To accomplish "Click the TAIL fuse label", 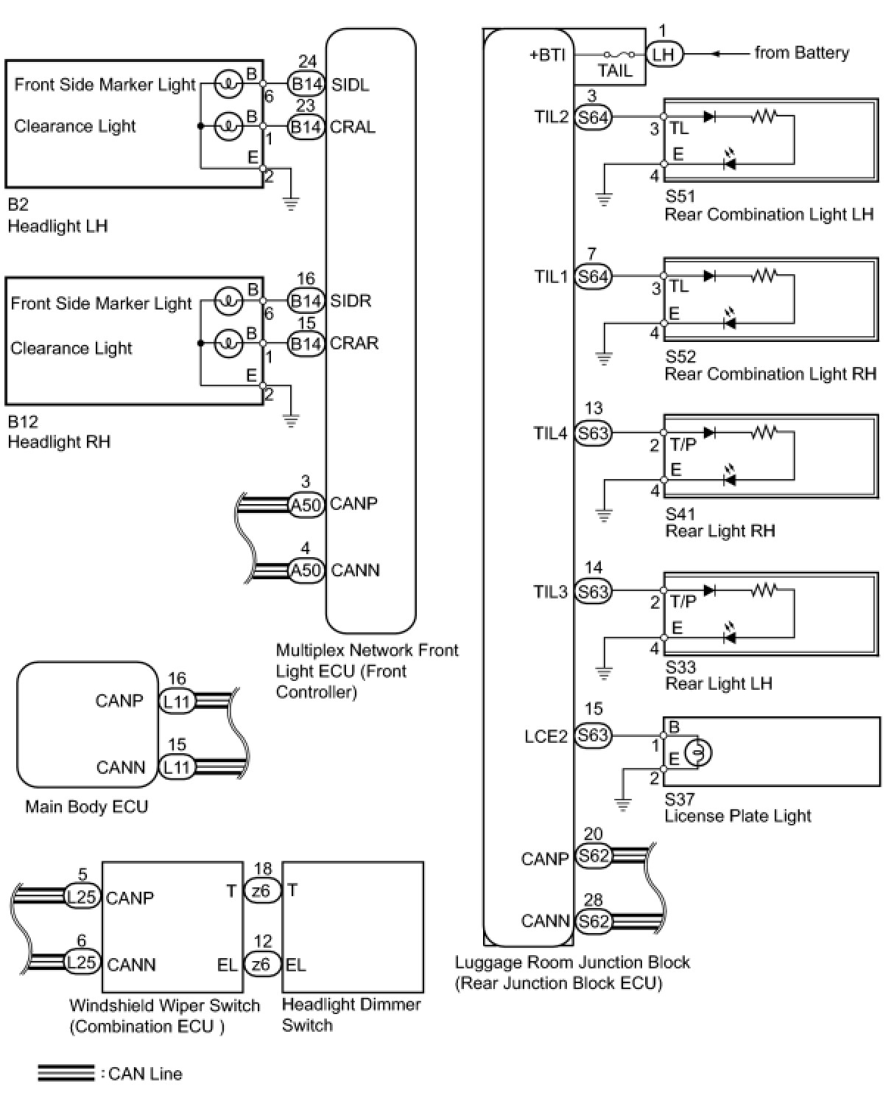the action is click(x=615, y=71).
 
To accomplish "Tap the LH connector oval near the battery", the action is click(x=663, y=54).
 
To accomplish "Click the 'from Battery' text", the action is click(x=801, y=53).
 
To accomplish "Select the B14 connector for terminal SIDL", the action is click(x=306, y=84).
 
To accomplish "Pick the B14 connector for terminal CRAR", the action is click(x=306, y=343).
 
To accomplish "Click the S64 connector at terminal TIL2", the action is click(x=593, y=117).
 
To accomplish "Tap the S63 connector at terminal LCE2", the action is click(x=593, y=735).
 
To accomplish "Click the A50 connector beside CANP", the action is click(x=306, y=504).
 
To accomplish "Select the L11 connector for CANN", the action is click(x=177, y=767).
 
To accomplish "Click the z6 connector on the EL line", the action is click(x=261, y=964).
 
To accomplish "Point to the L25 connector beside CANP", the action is click(x=82, y=896).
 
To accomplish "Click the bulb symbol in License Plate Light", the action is click(x=698, y=752).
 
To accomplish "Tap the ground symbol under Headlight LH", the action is click(x=291, y=203).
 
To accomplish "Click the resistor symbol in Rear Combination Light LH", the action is click(x=764, y=116).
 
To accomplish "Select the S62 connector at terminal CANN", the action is click(x=593, y=921).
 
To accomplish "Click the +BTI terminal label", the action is click(x=547, y=55).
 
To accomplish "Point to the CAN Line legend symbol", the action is click(x=66, y=1073).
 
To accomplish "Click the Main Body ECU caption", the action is click(x=86, y=806).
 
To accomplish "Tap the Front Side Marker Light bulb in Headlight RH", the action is click(x=228, y=301).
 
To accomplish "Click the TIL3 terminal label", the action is click(x=550, y=591).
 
